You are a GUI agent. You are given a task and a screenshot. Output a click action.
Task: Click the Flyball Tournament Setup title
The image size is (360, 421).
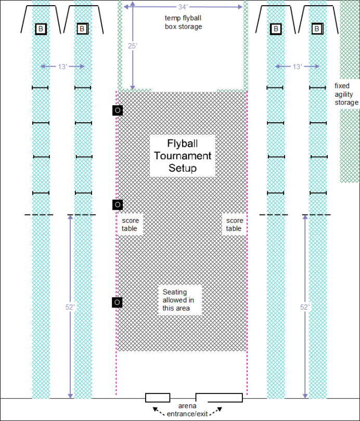point(183,156)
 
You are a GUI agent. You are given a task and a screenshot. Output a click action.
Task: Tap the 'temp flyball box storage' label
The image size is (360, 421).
point(183,22)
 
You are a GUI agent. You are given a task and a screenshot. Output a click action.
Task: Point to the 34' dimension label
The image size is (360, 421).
point(183,7)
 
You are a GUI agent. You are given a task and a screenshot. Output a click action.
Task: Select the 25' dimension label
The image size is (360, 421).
point(133,46)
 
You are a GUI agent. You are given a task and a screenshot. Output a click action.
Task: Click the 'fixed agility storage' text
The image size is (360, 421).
point(346,94)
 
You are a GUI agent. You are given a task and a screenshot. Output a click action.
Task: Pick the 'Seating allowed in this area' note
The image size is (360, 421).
point(178,300)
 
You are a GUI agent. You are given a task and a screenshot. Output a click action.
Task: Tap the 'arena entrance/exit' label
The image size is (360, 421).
point(187,410)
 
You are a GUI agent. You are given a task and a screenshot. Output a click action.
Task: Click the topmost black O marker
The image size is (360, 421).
point(118,110)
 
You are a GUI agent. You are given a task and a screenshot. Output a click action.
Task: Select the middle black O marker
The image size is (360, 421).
point(118,205)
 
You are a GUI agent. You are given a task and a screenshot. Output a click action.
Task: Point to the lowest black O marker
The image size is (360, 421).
point(117,302)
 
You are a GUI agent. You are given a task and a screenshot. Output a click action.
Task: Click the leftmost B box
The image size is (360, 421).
point(41,29)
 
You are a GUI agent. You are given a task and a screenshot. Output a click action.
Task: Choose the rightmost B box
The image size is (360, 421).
point(317,29)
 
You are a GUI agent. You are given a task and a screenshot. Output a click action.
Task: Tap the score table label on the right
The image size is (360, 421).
point(234,224)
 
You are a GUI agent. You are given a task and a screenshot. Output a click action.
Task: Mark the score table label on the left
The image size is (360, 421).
point(130,224)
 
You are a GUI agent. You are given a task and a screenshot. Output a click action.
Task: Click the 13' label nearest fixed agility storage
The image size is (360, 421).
point(298,67)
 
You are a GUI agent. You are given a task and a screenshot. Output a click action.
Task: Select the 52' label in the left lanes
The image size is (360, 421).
point(70,307)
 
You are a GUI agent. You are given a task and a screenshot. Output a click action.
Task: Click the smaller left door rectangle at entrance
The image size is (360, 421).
point(158,398)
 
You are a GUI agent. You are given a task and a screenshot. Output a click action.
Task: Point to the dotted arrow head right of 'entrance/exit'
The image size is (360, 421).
point(220,409)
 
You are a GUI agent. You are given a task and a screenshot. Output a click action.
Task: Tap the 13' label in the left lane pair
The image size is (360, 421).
point(62,67)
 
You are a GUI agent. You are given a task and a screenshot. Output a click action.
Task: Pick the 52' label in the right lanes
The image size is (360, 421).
point(305,307)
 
